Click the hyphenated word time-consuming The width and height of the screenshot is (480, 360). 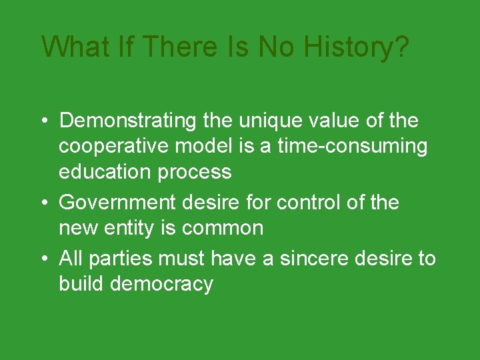[351, 146]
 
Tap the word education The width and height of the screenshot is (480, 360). [105, 171]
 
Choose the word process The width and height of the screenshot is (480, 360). [195, 172]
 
